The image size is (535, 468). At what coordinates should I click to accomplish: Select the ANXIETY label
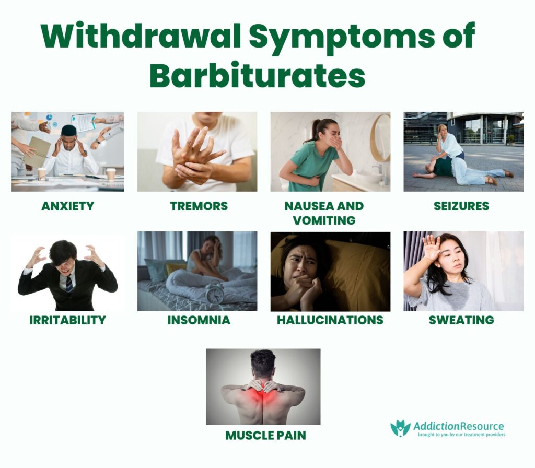point(67,206)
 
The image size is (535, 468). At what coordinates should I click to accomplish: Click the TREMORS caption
point(199,206)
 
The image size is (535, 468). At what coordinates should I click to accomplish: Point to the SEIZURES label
point(461,206)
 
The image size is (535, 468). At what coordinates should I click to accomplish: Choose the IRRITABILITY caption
point(68,320)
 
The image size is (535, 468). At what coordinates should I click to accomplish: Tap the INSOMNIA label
point(199,320)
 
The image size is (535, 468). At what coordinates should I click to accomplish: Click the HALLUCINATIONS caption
point(330,320)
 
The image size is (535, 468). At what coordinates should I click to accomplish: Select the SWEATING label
point(461,320)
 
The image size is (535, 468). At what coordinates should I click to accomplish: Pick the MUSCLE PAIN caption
point(265,435)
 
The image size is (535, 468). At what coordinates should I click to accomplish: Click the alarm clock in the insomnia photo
point(215,294)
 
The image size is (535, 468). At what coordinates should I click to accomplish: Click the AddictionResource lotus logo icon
point(400,429)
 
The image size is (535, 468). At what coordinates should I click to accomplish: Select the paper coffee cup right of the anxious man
point(110,174)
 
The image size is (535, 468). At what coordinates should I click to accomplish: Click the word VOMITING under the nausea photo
point(324,220)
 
